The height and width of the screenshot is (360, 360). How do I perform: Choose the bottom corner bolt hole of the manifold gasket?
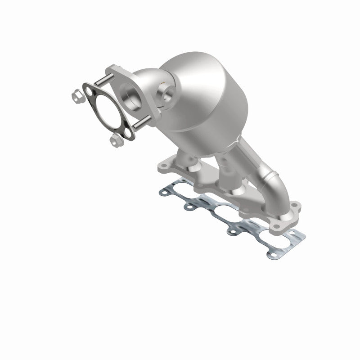tap(270, 255)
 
